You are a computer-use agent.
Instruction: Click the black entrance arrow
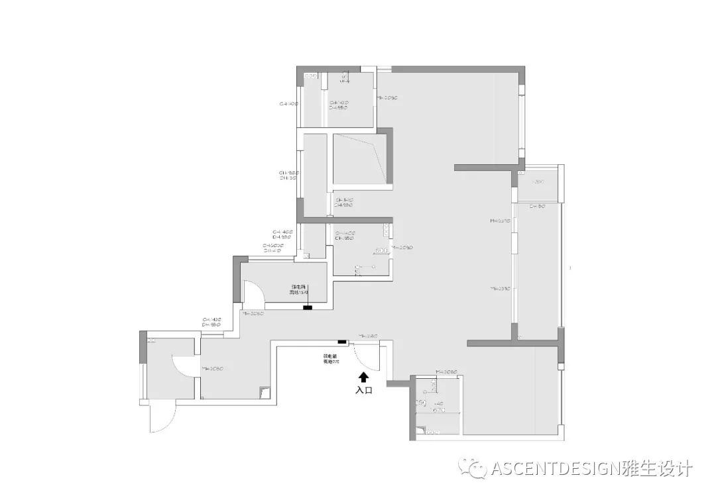pyautogui.click(x=363, y=377)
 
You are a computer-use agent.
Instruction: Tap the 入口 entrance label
pyautogui.click(x=363, y=390)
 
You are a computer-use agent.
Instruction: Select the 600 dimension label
pyautogui.click(x=381, y=250)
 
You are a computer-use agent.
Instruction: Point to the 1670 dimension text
pyautogui.click(x=438, y=411)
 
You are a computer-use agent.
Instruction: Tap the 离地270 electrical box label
pyautogui.click(x=331, y=362)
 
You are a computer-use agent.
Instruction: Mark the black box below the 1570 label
pyautogui.click(x=307, y=307)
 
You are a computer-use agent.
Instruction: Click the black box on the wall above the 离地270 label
pyautogui.click(x=341, y=342)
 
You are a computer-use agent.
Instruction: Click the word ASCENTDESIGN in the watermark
pyautogui.click(x=554, y=470)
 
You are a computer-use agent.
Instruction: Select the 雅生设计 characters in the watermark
pyautogui.click(x=656, y=470)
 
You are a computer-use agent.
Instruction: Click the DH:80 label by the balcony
pyautogui.click(x=537, y=207)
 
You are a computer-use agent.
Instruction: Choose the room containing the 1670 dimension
pyautogui.click(x=436, y=404)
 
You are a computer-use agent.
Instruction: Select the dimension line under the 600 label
pyautogui.click(x=381, y=255)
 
